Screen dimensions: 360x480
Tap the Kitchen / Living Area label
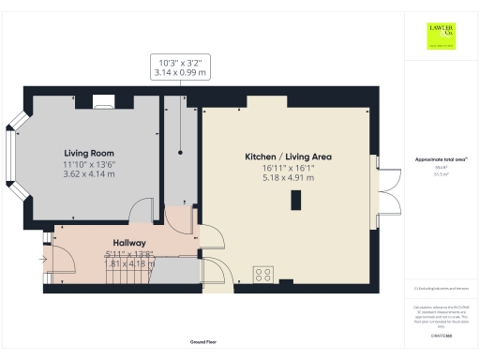pos(289,156)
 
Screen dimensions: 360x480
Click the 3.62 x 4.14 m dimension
pos(89,173)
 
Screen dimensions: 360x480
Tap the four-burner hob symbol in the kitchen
pos(264,276)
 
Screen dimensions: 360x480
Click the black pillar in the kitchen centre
pos(295,201)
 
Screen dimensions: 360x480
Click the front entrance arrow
pos(44,259)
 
